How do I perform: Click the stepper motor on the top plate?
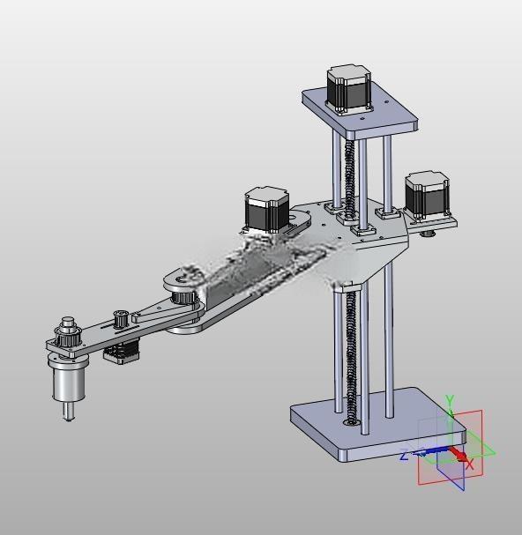[x=348, y=89]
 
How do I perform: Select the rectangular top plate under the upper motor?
[x=360, y=112]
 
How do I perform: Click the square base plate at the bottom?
[x=378, y=425]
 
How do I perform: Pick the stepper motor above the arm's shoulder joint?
[x=267, y=210]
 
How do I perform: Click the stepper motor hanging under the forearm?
[x=121, y=352]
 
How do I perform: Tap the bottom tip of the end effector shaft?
[x=68, y=420]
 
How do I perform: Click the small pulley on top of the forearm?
[x=120, y=318]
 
